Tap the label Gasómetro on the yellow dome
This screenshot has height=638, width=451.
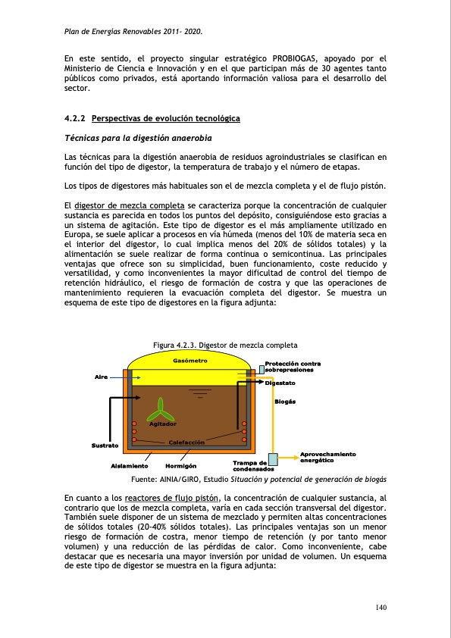point(190,360)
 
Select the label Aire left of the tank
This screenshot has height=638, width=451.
point(101,377)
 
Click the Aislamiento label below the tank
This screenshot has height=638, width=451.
point(129,465)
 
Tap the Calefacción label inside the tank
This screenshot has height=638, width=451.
point(187,442)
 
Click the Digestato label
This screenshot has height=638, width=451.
point(280,383)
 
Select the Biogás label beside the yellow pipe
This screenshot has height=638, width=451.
point(285,401)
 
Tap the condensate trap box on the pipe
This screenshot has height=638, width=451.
point(273,458)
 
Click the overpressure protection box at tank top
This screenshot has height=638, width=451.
point(262,369)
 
